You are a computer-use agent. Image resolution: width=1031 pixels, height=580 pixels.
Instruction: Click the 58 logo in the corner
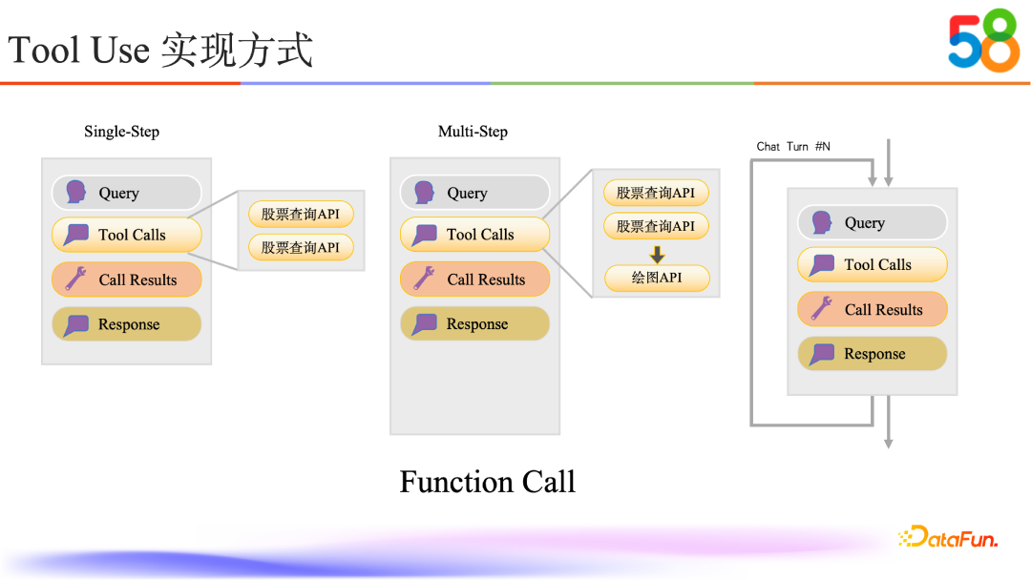click(x=983, y=40)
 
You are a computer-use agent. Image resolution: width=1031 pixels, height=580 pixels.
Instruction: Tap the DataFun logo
click(x=948, y=538)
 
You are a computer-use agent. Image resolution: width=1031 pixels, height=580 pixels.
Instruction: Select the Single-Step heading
click(x=121, y=132)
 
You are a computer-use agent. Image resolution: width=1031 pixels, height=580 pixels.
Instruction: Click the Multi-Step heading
click(x=473, y=132)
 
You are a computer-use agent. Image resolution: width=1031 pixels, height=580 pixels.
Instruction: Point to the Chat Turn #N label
click(x=793, y=146)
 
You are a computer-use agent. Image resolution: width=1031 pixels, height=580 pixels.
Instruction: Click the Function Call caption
click(x=487, y=482)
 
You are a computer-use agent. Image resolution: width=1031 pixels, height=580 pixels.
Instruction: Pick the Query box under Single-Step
click(x=127, y=193)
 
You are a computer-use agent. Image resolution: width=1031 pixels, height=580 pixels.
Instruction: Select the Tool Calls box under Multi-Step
click(x=474, y=235)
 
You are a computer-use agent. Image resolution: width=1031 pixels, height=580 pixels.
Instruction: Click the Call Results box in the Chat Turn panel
click(x=873, y=309)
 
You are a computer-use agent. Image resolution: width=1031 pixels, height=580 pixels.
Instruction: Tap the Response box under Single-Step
click(x=127, y=324)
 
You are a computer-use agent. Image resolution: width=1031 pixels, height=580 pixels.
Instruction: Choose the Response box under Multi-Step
click(x=474, y=324)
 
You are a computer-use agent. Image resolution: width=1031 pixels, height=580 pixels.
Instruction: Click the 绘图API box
click(x=656, y=279)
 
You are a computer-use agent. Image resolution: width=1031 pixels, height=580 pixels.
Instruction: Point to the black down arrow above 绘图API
click(x=657, y=255)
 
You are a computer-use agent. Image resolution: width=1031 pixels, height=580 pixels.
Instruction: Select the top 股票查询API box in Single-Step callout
click(x=301, y=214)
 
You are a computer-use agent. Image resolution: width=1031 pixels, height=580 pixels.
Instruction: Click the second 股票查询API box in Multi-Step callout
click(x=656, y=226)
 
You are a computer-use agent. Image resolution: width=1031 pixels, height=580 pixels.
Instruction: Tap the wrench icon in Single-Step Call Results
click(x=75, y=280)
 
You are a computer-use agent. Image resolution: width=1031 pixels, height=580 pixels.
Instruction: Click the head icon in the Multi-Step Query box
click(x=424, y=193)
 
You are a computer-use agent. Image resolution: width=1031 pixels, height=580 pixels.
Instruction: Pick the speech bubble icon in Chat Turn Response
click(x=821, y=355)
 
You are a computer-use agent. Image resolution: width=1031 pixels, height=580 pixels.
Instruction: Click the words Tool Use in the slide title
click(x=78, y=50)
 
